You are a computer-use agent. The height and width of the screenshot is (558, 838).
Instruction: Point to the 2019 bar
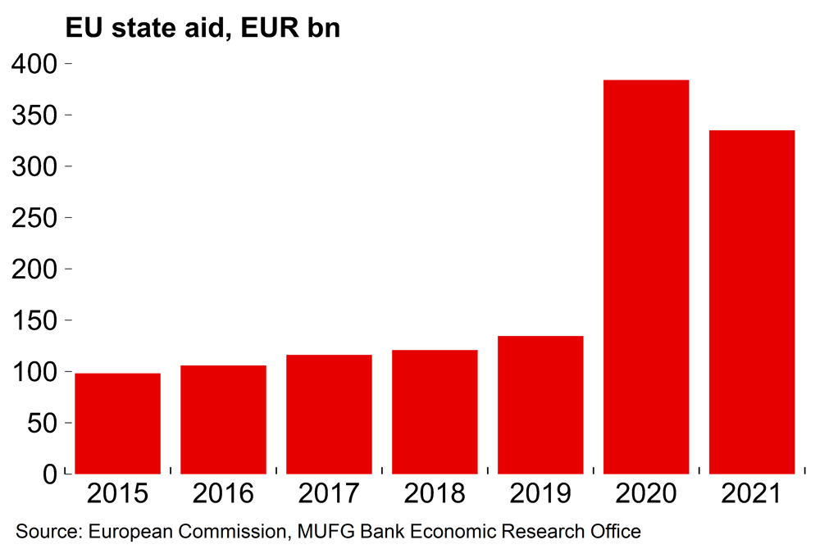pos(540,405)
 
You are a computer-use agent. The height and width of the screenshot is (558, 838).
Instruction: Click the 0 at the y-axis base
pos(51,475)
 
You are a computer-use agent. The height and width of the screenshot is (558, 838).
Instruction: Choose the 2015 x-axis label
pos(117,494)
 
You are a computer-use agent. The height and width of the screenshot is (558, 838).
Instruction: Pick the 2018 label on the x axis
pos(435,494)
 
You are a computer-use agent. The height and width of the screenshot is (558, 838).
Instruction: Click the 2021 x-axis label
pos(752,494)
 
